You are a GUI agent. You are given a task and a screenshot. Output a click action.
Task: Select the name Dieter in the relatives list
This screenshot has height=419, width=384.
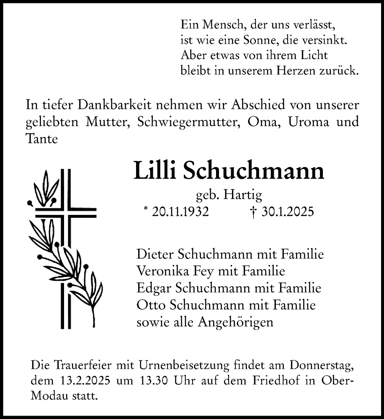click(155, 254)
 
